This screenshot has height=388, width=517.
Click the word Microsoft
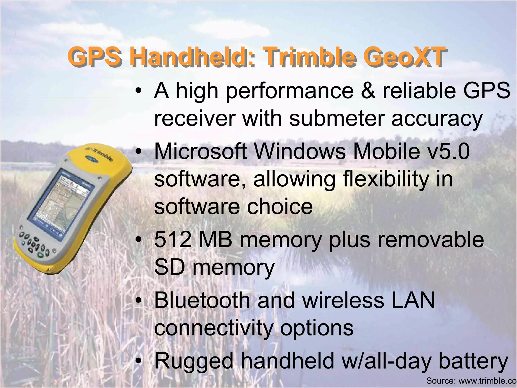(200, 151)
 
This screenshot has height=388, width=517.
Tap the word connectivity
(214, 328)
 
